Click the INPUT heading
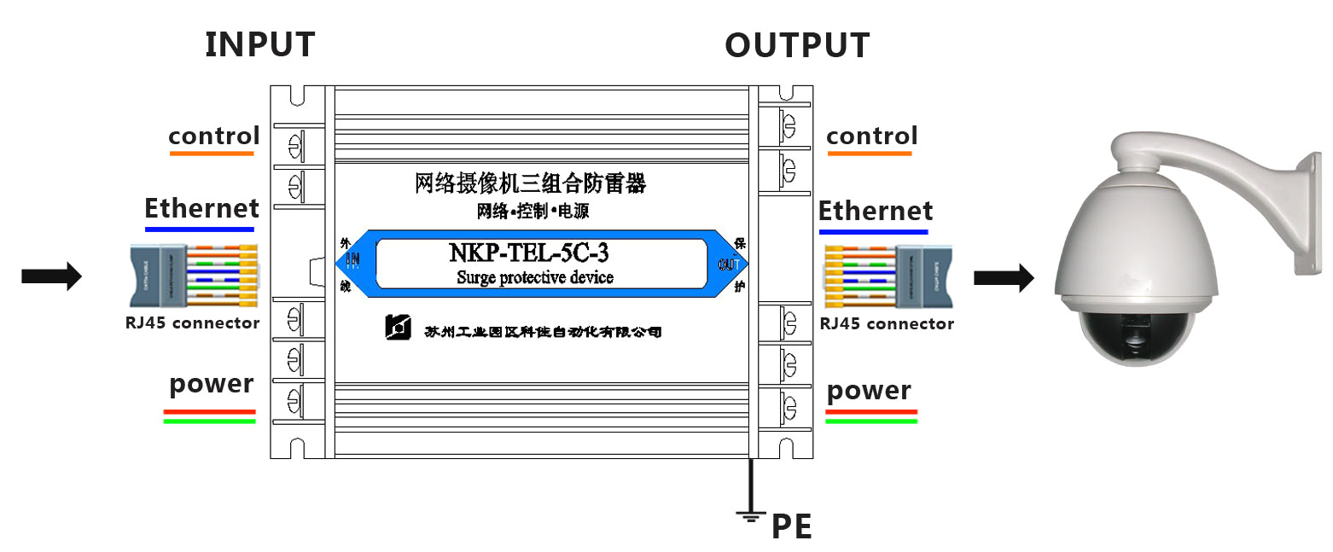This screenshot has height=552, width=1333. pyautogui.click(x=259, y=44)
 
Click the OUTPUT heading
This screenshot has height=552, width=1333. pyautogui.click(x=797, y=45)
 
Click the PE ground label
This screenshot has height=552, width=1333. pyautogui.click(x=791, y=527)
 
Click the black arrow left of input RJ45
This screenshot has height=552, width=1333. pyautogui.click(x=51, y=276)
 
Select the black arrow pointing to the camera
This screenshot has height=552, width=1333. pyautogui.click(x=1004, y=276)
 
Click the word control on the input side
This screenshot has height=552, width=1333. pyautogui.click(x=213, y=136)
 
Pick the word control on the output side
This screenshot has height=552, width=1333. pyautogui.click(x=871, y=136)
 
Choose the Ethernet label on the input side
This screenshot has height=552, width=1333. pyautogui.click(x=201, y=208)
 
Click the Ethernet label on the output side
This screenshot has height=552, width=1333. pyautogui.click(x=876, y=211)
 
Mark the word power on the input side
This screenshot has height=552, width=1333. pyautogui.click(x=211, y=384)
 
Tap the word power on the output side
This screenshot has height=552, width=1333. pyautogui.click(x=869, y=391)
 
